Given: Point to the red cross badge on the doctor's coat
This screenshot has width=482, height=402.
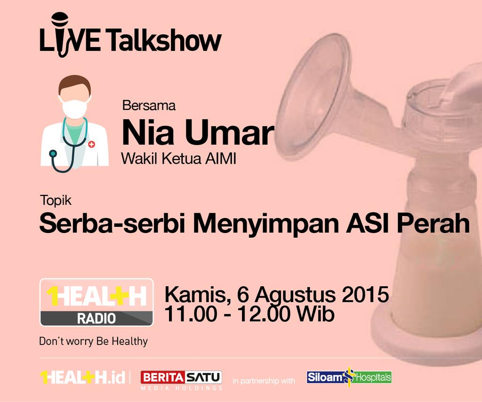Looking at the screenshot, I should (91, 144).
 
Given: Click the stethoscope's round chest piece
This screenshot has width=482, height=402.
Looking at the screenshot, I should (53, 153).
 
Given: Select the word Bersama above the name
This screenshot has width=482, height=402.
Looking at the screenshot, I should (149, 106).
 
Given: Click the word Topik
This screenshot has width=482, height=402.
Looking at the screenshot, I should (56, 201).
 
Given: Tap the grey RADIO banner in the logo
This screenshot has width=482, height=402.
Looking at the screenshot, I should (96, 319).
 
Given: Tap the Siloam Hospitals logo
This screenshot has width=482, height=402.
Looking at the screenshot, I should (349, 377).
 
